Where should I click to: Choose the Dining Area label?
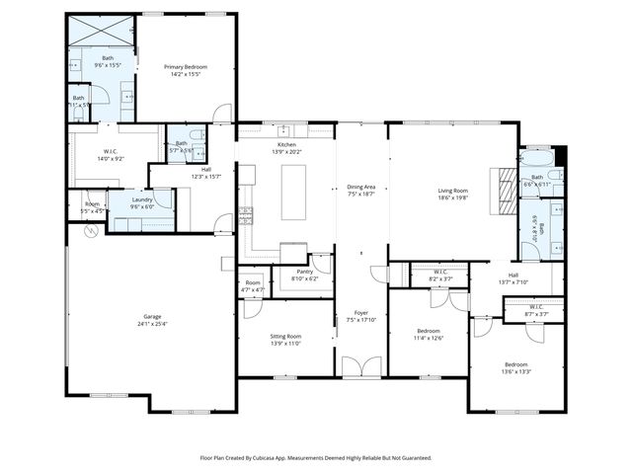pos(361,190)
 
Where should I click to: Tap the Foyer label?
pos(361,316)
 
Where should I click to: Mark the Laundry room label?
pos(142,203)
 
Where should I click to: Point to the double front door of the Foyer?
pos(361,367)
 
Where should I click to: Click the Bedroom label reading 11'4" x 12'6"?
pos(429,334)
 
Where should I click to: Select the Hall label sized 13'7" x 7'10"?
pos(513,278)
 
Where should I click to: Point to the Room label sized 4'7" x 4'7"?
pos(253,285)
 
